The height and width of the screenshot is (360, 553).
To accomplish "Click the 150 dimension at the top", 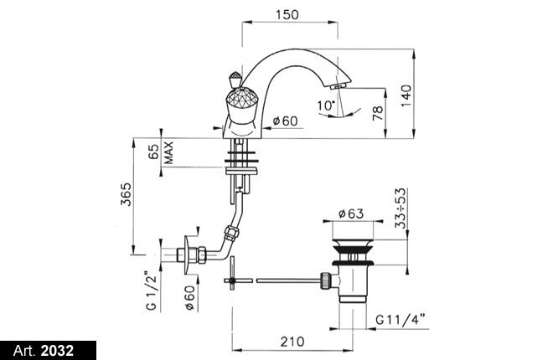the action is tap(287, 15).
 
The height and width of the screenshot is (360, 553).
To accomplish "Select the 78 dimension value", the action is tap(378, 113).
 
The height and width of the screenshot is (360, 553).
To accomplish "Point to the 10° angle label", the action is tap(326, 105).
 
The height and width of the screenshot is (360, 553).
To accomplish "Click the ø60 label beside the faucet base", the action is tap(286, 121).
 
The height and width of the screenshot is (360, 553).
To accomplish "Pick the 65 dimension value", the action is tap(154, 151).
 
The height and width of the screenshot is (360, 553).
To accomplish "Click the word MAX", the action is tap(169, 152).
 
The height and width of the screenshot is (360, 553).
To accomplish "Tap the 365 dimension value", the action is tap(126, 194).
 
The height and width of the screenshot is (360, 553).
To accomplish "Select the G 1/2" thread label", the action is tap(151, 291).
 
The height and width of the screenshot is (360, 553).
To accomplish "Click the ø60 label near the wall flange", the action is tap(189, 298).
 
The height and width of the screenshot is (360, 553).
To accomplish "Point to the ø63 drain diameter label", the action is tap(350, 213).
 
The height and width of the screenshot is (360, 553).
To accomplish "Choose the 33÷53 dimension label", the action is tap(401, 208).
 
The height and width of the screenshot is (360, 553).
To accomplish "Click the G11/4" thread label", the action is tap(400, 320).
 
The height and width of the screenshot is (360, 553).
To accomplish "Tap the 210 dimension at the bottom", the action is tap(292, 342).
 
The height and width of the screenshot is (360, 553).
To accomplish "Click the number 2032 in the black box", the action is tap(58, 351).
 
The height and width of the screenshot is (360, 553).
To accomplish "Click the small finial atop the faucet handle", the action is tap(235, 80).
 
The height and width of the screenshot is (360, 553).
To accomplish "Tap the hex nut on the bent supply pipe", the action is tap(231, 234).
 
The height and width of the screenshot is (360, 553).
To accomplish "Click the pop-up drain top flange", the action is tap(352, 244).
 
